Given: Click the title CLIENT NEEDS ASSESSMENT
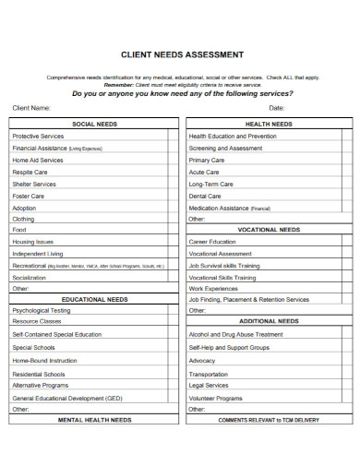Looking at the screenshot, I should (183, 54).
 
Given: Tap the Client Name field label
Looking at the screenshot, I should (31, 108).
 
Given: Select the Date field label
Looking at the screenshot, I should (278, 108).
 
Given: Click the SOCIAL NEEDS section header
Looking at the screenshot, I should (95, 124).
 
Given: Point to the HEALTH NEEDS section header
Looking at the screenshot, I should (270, 124).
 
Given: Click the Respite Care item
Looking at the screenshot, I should (30, 172).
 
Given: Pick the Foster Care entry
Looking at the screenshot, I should (28, 196).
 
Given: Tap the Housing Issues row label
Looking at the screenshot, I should (32, 241).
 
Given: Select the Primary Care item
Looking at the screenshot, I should (207, 160).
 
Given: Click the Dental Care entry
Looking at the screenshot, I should (205, 196).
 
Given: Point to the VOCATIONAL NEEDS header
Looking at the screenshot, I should (270, 230).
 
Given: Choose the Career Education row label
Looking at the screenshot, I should (212, 241).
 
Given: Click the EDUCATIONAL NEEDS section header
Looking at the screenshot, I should (95, 299).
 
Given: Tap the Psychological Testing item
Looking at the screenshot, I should (42, 311).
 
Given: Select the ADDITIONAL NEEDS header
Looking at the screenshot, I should (270, 321).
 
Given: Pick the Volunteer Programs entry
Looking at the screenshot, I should (216, 398).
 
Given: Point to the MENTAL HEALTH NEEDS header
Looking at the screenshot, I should (95, 419).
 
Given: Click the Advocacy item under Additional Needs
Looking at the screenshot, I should (202, 360).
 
